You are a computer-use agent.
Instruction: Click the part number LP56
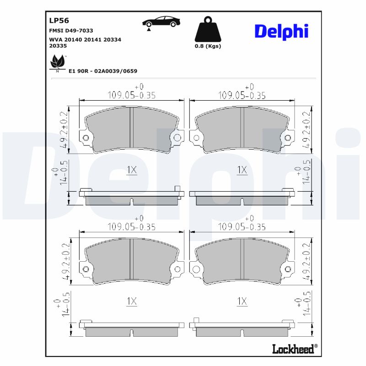point(59,20)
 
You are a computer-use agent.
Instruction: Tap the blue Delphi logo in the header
point(281,31)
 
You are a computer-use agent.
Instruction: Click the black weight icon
point(207,29)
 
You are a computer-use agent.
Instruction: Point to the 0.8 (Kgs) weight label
point(207,46)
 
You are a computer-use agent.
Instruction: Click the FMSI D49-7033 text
point(71,30)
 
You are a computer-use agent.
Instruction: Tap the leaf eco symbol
point(57,61)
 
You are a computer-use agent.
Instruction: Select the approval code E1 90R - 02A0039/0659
point(103,71)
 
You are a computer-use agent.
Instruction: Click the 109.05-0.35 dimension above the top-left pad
point(132,95)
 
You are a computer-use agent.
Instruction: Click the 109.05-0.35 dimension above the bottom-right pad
point(242,226)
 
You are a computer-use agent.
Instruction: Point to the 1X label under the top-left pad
point(132,170)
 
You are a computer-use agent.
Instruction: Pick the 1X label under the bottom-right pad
point(242,301)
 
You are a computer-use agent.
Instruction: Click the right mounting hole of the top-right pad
point(287,138)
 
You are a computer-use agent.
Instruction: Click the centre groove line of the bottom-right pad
point(242,261)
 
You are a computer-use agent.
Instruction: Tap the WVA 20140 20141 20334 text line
point(85,40)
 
